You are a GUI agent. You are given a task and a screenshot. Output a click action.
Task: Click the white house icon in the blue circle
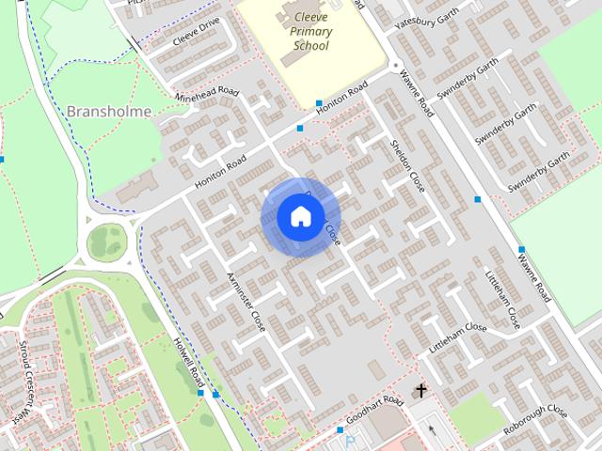tap(300, 217)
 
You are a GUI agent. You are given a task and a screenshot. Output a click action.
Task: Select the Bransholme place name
tap(110, 111)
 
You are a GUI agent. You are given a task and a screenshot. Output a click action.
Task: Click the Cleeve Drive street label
tap(196, 33)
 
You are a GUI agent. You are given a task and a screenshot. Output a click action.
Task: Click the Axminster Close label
tap(246, 301)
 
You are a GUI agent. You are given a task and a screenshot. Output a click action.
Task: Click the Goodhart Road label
tap(374, 410)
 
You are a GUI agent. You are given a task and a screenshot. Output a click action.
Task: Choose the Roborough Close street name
tap(534, 423)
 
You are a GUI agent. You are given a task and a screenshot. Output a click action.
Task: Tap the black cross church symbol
tap(421, 389)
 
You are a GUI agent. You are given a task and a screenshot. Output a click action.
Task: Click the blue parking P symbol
tap(350, 440)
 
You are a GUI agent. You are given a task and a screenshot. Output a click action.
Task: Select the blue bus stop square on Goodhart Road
tap(341, 429)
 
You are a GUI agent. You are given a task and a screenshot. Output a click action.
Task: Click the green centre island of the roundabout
tap(107, 243)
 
